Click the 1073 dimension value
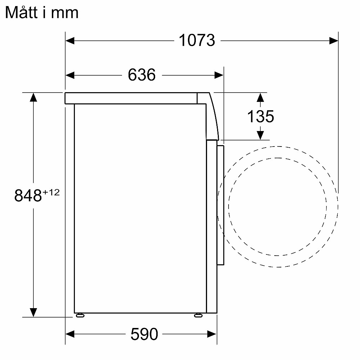click(197, 41)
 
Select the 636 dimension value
click(141, 75)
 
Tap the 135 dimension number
click(261, 116)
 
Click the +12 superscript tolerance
click(51, 192)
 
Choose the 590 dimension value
click(144, 334)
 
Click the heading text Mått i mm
click(42, 13)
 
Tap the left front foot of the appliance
click(80, 315)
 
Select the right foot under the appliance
click(198, 315)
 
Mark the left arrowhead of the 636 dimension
click(70, 75)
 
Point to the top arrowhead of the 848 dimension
click(33, 97)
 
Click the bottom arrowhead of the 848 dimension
click(33, 312)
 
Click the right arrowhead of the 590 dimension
click(212, 334)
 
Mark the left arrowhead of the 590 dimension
click(70, 334)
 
